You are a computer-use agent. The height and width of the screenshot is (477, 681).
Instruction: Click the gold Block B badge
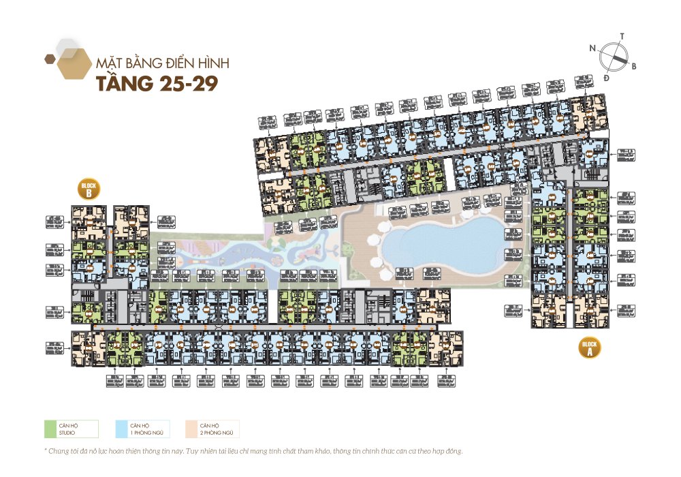[89, 190]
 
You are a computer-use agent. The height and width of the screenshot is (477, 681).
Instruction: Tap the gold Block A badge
[589, 348]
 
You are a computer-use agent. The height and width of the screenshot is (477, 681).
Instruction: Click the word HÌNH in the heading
[214, 63]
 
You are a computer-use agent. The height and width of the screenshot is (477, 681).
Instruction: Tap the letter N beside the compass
[593, 48]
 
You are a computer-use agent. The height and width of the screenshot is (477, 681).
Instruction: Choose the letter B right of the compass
[633, 66]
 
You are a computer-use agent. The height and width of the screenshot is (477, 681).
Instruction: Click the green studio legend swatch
[49, 429]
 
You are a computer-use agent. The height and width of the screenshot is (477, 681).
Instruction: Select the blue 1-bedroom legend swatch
[121, 429]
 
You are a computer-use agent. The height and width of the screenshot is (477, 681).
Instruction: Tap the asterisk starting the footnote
[45, 450]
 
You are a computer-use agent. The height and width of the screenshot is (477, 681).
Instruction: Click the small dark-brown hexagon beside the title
[49, 59]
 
